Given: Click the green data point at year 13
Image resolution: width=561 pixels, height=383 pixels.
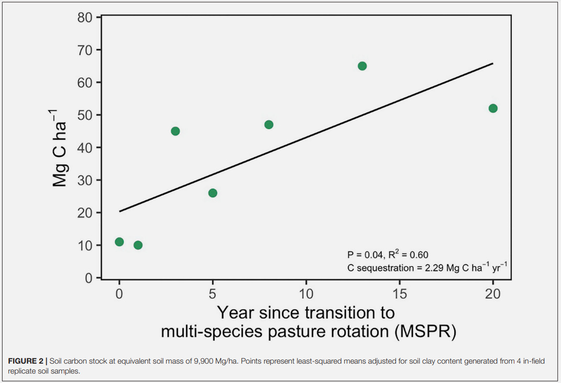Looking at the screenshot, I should (362, 66).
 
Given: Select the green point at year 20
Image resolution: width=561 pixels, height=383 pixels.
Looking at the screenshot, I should (493, 108).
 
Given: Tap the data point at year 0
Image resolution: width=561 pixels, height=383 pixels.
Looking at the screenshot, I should (119, 242).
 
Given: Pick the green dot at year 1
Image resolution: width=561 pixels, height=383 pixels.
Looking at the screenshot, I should (138, 245).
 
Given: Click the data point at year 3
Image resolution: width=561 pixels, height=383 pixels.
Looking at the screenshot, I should (175, 131).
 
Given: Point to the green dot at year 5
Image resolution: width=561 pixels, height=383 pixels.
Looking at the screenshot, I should (213, 193).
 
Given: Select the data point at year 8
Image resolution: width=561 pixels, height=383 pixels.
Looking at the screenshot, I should (269, 125).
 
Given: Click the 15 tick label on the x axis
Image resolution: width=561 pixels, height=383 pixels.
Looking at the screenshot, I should (399, 293).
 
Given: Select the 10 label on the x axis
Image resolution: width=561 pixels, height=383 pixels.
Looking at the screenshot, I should (306, 293).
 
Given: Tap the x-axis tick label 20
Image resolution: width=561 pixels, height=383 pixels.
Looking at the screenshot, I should (493, 293).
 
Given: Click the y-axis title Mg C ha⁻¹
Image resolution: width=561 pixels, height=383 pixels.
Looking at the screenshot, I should (60, 148).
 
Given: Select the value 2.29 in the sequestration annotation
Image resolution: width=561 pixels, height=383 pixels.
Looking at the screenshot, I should (424, 268).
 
